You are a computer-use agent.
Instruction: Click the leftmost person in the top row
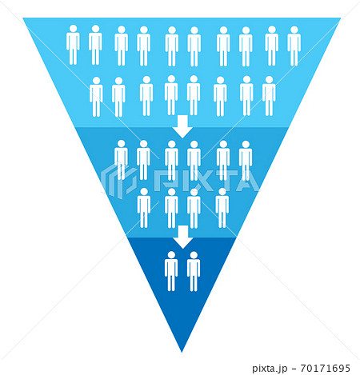click(x=73, y=45)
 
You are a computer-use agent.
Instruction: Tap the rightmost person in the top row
click(x=294, y=46)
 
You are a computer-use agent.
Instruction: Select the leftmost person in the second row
click(x=96, y=97)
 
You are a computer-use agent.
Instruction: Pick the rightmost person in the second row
click(x=269, y=96)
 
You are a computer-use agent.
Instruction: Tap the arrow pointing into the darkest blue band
click(x=183, y=237)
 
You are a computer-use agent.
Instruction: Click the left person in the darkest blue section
click(x=171, y=271)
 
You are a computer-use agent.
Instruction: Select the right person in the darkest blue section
click(x=194, y=271)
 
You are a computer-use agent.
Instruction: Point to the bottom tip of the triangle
click(x=182, y=352)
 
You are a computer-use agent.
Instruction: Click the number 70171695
click(x=325, y=369)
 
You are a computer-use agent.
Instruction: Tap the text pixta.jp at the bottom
click(x=270, y=369)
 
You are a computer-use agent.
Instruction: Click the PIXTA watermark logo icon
click(x=119, y=182)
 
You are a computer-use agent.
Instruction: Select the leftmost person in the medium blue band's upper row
click(x=121, y=160)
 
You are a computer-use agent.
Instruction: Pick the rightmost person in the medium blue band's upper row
click(x=246, y=161)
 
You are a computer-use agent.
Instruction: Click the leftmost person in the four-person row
click(x=144, y=208)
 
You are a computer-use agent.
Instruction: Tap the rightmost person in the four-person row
click(x=222, y=208)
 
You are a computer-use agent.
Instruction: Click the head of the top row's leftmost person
click(x=73, y=29)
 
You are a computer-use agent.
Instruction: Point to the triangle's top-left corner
click(x=23, y=18)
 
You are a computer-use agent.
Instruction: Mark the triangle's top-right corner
click(x=341, y=18)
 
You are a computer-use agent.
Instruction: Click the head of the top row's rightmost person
click(x=294, y=30)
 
